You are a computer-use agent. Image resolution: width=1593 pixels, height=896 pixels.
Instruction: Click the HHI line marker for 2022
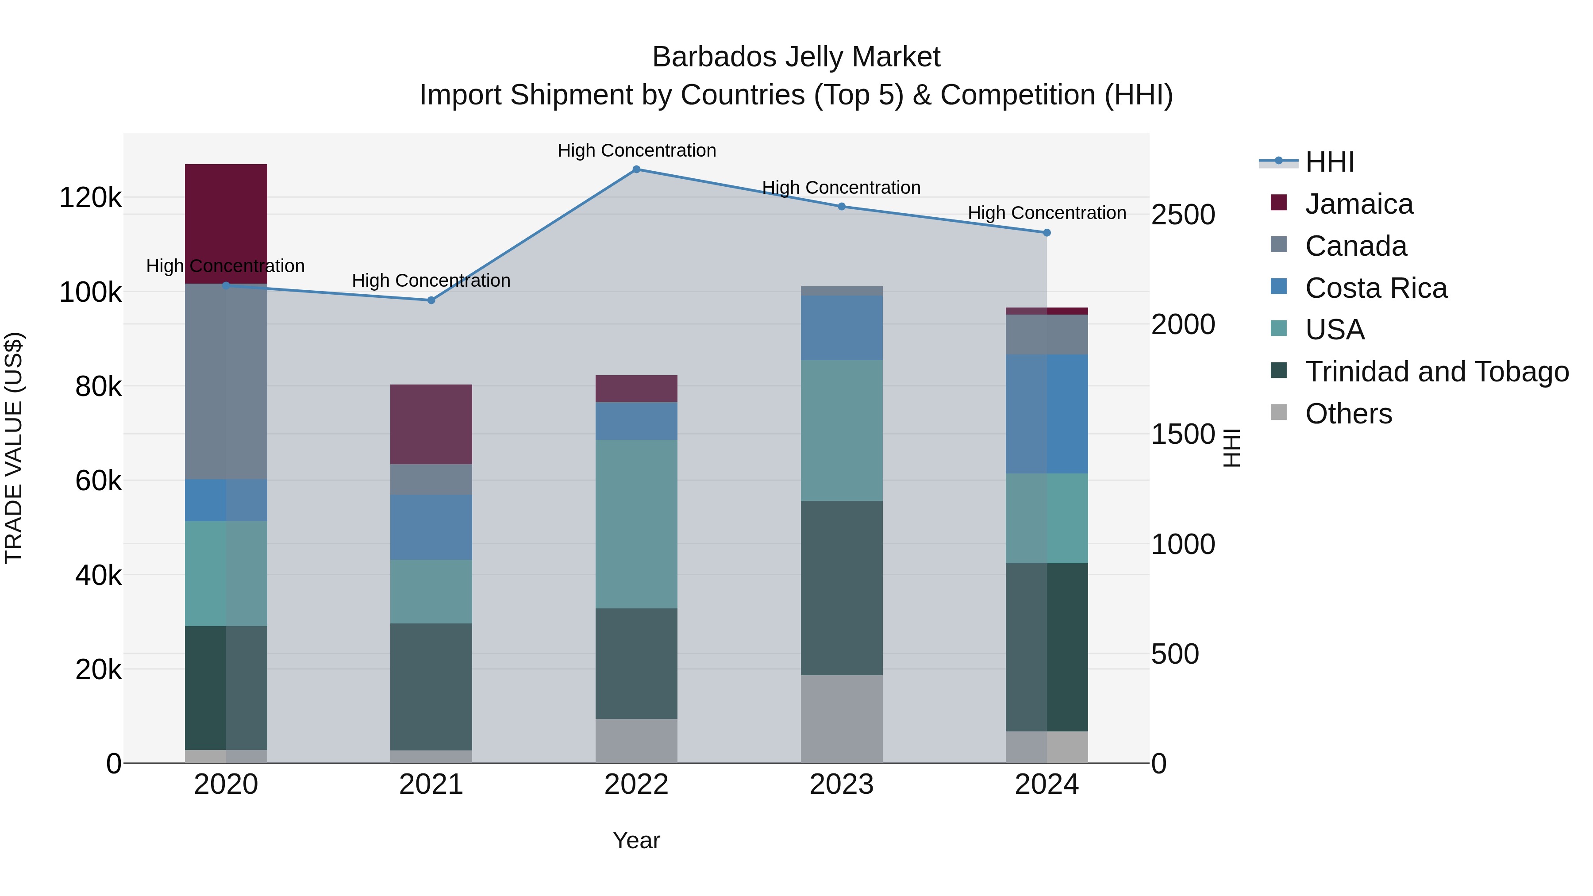[636, 169]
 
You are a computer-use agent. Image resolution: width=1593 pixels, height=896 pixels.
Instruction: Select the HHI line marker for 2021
[431, 300]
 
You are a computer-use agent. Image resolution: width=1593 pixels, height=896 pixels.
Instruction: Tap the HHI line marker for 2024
[1047, 232]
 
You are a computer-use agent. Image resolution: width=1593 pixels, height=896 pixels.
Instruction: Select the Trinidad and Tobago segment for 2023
[841, 588]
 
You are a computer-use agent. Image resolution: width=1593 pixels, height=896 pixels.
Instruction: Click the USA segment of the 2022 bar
[636, 524]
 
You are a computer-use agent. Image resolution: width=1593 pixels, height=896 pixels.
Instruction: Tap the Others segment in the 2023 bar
[841, 719]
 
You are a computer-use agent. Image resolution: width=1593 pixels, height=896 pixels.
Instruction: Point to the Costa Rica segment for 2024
[1047, 414]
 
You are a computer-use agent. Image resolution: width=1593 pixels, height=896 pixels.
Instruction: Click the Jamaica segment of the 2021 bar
[431, 424]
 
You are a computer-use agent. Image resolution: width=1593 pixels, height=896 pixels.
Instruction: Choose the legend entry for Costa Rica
[1375, 288]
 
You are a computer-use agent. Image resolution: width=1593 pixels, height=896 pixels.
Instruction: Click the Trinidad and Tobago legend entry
[1436, 372]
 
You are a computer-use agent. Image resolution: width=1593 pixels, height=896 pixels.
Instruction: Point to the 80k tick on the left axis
[98, 387]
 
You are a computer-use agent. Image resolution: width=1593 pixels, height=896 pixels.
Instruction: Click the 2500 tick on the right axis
[1182, 215]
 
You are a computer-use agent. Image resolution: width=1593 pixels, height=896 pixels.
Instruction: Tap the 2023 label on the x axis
[841, 784]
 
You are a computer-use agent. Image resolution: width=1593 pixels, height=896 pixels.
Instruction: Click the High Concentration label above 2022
[636, 150]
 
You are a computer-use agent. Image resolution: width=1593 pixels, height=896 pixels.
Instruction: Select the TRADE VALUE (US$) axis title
[14, 448]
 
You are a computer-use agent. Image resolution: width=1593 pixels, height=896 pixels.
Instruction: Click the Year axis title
[636, 840]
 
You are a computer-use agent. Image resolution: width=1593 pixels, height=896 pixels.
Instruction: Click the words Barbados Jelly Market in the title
[796, 57]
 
